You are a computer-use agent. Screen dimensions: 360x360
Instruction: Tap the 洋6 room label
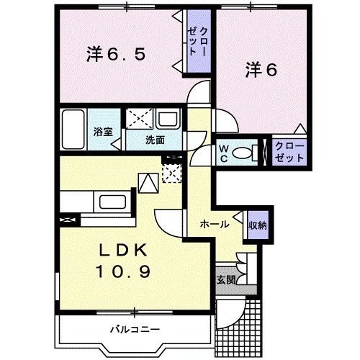click(x=260, y=70)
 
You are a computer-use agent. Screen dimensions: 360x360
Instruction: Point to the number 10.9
click(x=123, y=273)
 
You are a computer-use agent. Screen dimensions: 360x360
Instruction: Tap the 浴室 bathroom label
click(x=103, y=132)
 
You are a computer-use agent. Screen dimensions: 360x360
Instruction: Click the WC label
click(x=224, y=153)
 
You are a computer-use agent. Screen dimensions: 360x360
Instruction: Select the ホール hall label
click(x=215, y=225)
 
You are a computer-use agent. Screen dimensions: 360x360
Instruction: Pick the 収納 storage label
click(x=258, y=225)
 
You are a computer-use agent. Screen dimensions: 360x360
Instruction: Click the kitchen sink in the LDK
click(x=112, y=201)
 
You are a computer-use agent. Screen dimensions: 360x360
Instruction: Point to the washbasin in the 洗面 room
click(x=170, y=120)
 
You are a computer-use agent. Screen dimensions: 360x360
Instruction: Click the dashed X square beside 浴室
click(x=139, y=120)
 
